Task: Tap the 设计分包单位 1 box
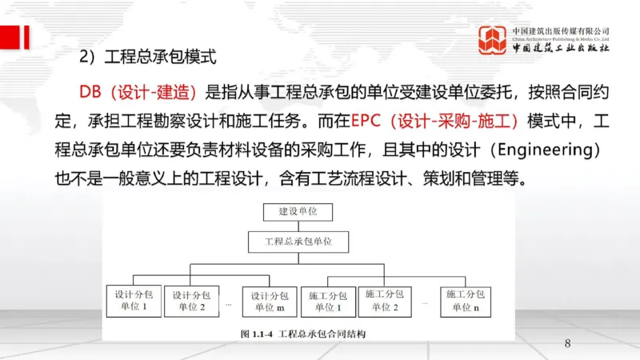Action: point(133,300)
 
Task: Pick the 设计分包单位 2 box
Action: point(191,300)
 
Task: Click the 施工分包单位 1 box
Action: point(328,300)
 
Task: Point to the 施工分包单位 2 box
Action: point(386,299)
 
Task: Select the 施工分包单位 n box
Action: point(466,300)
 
